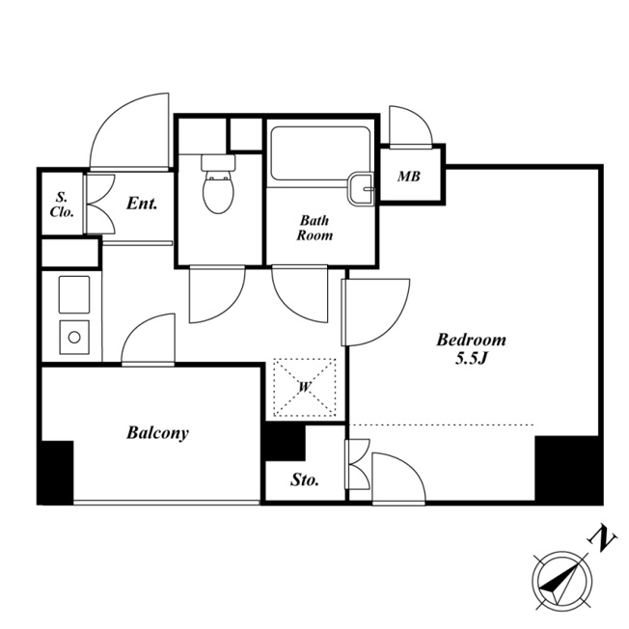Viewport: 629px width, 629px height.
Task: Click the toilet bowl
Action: tap(218, 192)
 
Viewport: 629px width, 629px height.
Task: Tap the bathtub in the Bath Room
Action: tap(320, 153)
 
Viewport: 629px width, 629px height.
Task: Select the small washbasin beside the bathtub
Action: tap(361, 188)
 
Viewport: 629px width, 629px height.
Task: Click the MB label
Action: tap(409, 176)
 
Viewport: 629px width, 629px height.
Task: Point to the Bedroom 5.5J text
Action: tap(472, 348)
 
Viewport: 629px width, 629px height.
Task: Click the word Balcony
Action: tap(157, 433)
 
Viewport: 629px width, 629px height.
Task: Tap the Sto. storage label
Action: tap(305, 479)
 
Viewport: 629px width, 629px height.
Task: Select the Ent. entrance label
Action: tap(142, 204)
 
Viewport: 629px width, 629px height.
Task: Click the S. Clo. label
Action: tap(62, 205)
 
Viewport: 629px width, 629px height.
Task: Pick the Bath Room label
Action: tap(314, 228)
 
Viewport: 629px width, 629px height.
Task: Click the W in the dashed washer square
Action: tap(305, 387)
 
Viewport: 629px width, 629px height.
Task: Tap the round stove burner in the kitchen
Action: tap(74, 337)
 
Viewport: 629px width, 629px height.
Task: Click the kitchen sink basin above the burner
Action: tap(74, 294)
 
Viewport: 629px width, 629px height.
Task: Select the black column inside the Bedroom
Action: tap(569, 469)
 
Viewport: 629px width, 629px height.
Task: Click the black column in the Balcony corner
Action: tap(56, 473)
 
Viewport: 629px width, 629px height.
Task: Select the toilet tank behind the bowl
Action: tap(218, 162)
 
